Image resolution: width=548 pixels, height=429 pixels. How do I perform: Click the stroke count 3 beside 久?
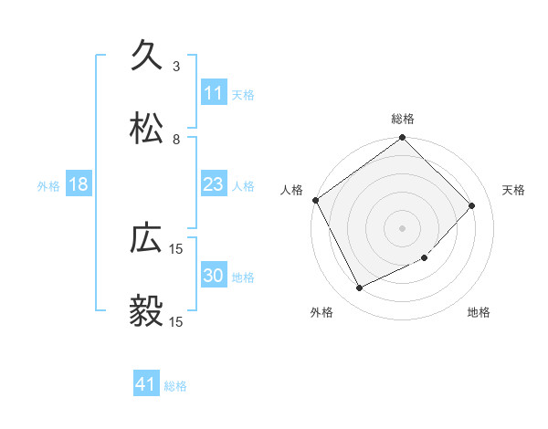coord(175,67)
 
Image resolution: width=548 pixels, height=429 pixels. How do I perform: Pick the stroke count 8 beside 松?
coord(175,140)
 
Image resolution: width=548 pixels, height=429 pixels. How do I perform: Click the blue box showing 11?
coord(214,92)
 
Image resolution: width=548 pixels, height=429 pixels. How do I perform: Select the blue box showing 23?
coord(214,184)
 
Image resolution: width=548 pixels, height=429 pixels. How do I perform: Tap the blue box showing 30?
coord(214,276)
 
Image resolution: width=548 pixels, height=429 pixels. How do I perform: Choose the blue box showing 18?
coord(79,184)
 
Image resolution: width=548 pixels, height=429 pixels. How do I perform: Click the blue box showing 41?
coord(146,384)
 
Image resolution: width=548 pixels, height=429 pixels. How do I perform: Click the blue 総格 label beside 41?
coord(175,386)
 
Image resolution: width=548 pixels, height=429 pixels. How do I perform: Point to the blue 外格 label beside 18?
coord(48,185)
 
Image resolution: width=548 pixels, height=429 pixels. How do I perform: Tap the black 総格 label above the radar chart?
coord(403,119)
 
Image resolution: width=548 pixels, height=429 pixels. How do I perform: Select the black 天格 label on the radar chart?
coord(514,190)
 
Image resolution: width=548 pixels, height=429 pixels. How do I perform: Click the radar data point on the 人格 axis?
coord(315,200)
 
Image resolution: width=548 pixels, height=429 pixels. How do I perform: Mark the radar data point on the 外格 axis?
coord(360,288)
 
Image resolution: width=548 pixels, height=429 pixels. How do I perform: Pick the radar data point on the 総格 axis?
coord(403,139)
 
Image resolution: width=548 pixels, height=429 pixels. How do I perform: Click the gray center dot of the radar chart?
coord(403,227)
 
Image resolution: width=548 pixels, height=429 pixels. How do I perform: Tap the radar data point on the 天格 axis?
coord(472,205)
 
